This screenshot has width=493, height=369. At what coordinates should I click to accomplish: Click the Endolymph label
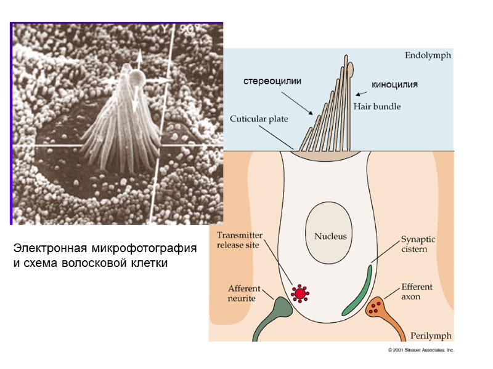[428, 55]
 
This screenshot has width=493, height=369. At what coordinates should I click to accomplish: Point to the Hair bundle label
[377, 106]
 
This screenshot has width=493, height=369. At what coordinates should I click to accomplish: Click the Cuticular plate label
[259, 118]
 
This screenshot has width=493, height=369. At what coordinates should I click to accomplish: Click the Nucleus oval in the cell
[330, 235]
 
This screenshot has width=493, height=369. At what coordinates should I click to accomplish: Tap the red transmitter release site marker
[300, 294]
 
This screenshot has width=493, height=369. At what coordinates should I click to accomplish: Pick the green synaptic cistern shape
[356, 290]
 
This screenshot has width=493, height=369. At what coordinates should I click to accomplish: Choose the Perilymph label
[431, 336]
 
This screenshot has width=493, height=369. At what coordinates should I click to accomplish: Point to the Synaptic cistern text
[418, 244]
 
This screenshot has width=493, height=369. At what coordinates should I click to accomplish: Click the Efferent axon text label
[417, 291]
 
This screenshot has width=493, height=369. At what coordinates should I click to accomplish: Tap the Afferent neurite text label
[245, 293]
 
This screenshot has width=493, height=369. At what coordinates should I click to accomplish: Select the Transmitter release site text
[240, 239]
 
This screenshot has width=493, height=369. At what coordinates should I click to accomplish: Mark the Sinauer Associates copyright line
[421, 350]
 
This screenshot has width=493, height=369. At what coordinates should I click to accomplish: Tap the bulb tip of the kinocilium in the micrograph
[136, 77]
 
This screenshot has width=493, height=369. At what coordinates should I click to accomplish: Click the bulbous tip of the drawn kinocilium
[351, 66]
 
